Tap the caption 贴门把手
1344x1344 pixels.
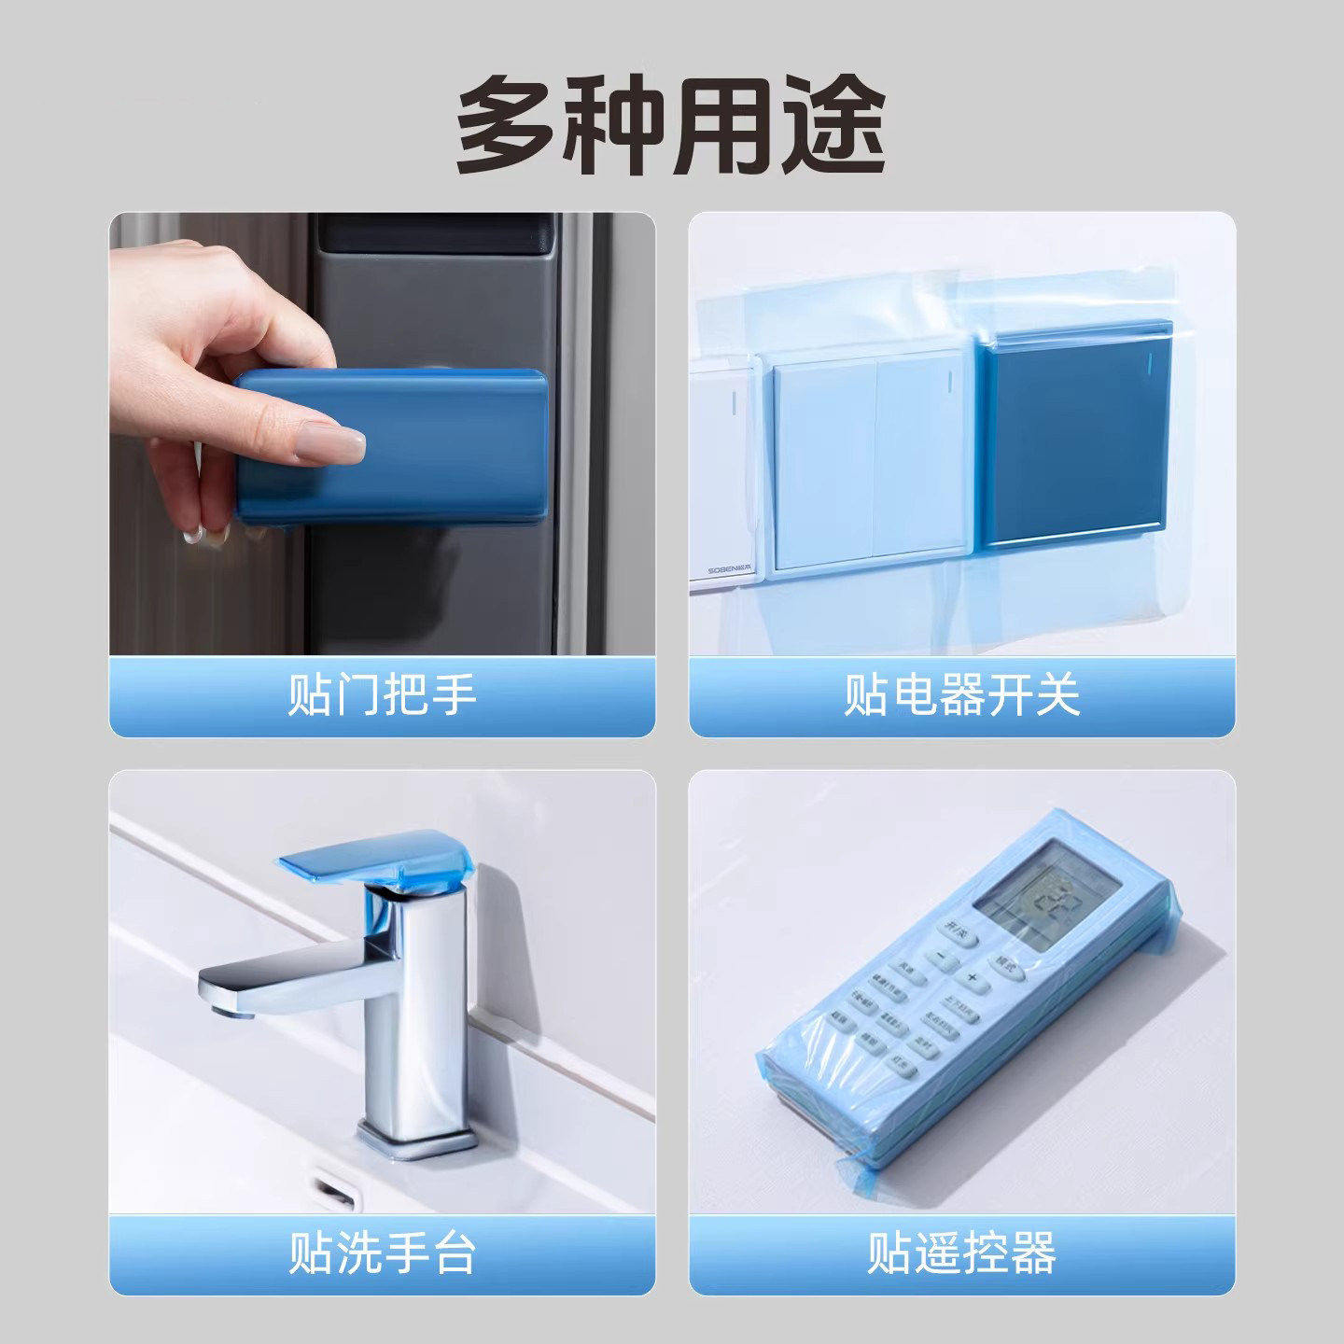pyautogui.click(x=383, y=695)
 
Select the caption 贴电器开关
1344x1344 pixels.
pyautogui.click(x=962, y=695)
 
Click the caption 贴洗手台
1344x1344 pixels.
pyautogui.click(x=383, y=1253)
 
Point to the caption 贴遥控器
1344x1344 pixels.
pyautogui.click(x=962, y=1253)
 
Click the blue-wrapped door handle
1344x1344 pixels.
pyautogui.click(x=392, y=445)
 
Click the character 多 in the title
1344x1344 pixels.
pyautogui.click(x=509, y=125)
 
